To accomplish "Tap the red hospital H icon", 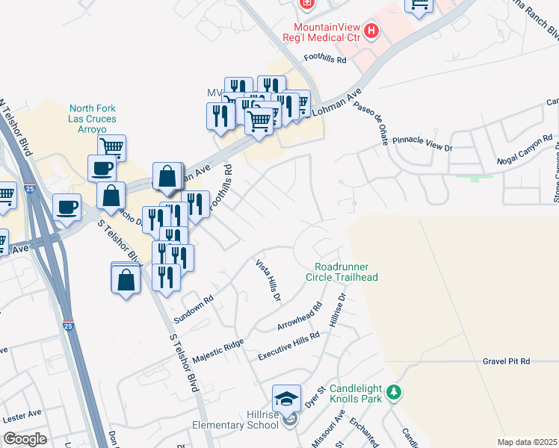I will [371, 31].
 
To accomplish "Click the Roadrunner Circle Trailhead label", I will [346, 272].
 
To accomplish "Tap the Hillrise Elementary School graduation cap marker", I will [286, 398].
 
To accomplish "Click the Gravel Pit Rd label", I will [506, 361].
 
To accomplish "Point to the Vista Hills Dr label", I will [268, 281].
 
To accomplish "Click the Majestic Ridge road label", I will [218, 351].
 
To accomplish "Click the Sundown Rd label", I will [194, 308].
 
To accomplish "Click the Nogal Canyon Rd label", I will [525, 152].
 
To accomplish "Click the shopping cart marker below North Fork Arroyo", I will [111, 148].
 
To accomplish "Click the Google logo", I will [25, 439].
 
